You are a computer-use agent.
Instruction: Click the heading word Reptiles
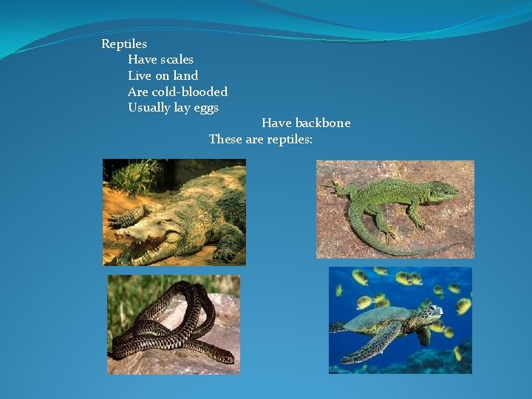124,44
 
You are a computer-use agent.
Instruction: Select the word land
186,75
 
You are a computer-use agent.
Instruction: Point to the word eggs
206,108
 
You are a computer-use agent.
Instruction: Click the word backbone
322,123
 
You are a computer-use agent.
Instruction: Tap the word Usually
149,108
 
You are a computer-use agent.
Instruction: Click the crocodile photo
174,212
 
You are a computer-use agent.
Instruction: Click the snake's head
226,358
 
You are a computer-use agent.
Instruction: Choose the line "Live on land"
163,75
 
